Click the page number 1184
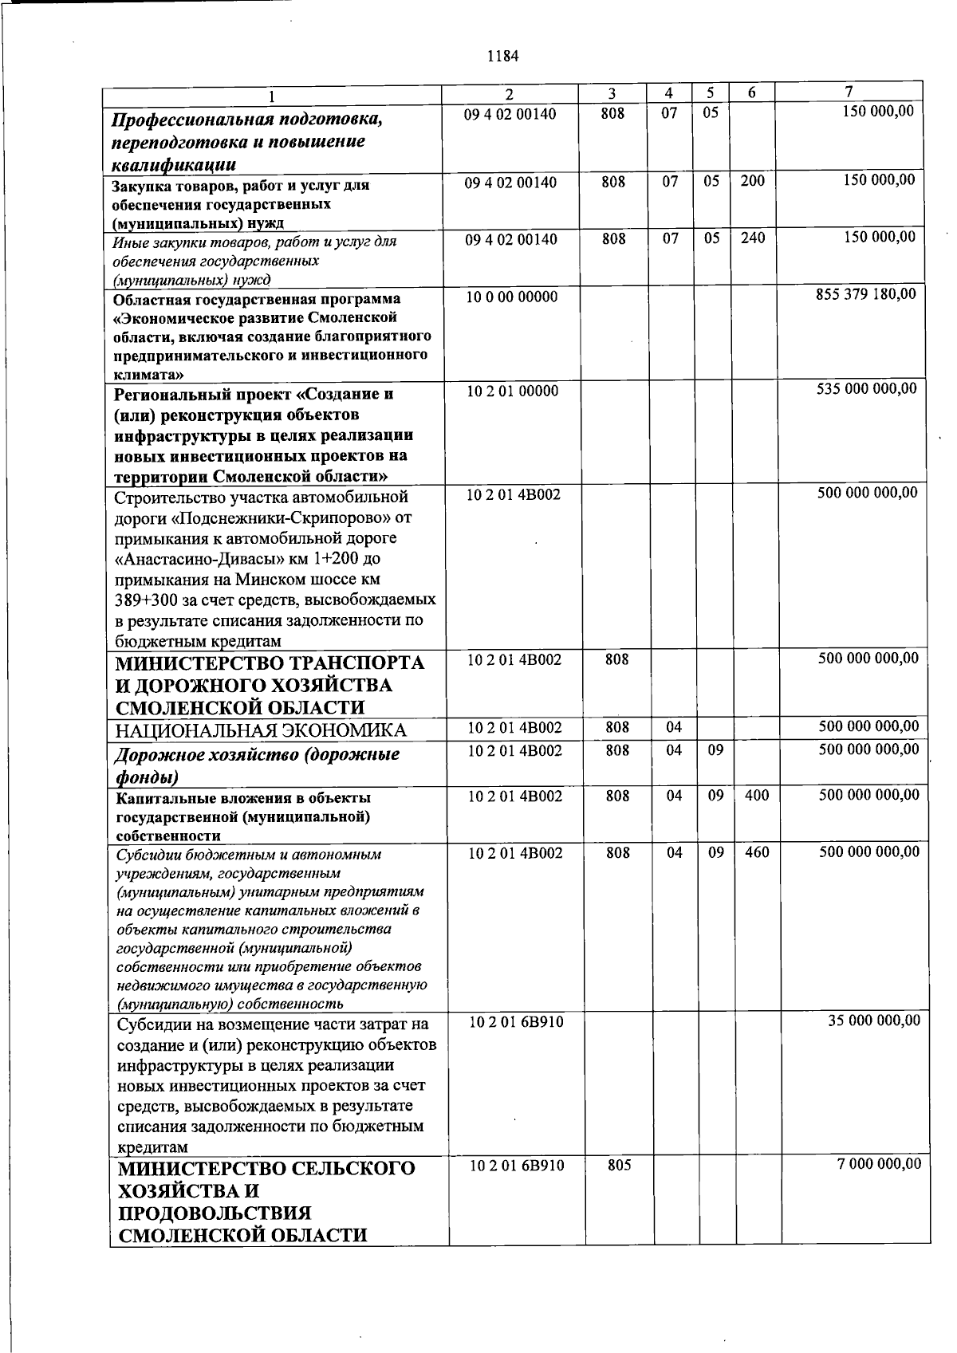[502, 57]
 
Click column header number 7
[849, 92]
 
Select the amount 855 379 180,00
[866, 294]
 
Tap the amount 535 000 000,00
[867, 389]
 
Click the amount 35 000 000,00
[873, 1021]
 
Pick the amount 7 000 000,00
[879, 1164]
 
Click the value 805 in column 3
[619, 1166]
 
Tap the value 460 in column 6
[757, 853]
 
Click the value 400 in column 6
[757, 796]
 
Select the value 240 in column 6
[752, 238]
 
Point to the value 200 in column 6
[752, 181]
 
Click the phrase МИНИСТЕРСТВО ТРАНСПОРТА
[270, 663]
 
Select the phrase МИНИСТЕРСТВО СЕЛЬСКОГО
[267, 1169]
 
